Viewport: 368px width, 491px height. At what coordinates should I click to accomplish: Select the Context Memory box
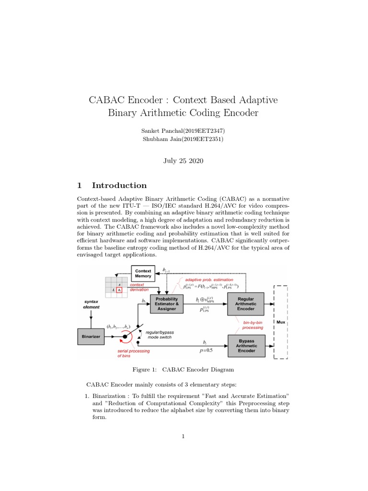(142, 274)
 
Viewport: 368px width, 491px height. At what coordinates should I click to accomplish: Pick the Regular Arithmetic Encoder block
(246, 303)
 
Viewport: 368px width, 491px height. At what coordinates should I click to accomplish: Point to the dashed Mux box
(280, 322)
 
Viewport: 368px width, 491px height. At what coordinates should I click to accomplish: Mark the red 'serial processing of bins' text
(133, 353)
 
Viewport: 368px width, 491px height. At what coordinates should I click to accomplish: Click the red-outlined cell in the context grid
(119, 290)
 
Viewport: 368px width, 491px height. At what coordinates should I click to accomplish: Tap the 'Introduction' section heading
(119, 186)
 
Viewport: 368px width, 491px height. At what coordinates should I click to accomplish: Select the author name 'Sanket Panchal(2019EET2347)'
(184, 131)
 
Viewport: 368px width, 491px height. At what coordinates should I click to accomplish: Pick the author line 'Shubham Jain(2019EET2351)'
(184, 139)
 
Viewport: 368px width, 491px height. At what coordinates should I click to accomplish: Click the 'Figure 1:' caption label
(145, 370)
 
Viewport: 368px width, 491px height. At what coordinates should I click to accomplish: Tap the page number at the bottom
(184, 436)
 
